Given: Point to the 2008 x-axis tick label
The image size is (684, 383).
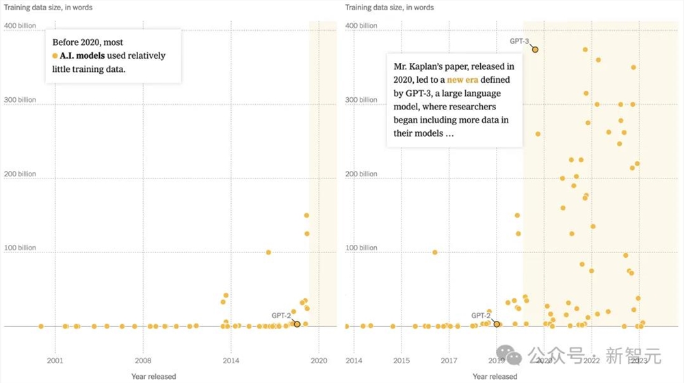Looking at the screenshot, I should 142,360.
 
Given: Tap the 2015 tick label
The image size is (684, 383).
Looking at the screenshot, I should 402,360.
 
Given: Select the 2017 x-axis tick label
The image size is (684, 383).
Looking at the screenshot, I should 449,360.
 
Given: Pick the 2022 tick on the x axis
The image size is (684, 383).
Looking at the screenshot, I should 592,360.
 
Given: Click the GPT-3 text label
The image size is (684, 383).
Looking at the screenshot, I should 519,41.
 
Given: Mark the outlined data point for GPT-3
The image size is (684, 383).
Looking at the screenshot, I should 535,49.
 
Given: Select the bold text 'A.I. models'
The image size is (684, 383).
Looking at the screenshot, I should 82,55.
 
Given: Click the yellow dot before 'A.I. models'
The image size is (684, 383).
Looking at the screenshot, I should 55,55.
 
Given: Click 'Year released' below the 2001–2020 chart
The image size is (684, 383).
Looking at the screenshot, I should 154,376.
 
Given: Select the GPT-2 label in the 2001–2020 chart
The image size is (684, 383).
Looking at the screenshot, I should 280,315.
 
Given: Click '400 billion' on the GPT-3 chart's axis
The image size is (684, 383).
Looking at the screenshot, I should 361,25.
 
